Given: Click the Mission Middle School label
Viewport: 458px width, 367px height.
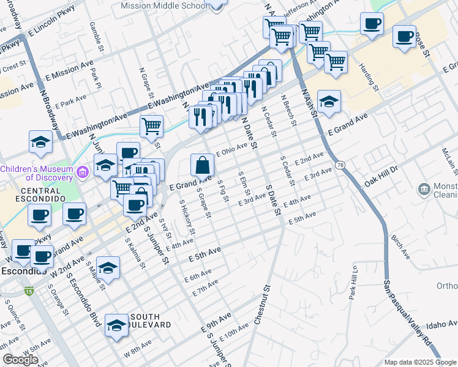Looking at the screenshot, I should click(163, 6).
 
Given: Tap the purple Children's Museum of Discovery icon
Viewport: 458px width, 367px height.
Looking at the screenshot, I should click(83, 174).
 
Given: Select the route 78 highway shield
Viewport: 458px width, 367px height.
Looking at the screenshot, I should click(340, 166).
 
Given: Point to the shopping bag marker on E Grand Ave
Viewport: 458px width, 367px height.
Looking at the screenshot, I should click(203, 166).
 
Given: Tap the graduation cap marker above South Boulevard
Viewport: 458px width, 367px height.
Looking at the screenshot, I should click(116, 326).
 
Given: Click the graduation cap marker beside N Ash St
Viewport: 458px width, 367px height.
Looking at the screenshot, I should click(329, 102).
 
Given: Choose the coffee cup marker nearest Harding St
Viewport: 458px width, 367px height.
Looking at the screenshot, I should click(372, 24).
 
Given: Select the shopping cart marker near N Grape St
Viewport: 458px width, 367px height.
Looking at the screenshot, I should click(151, 127).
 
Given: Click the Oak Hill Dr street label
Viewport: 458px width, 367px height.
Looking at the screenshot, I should click(381, 174).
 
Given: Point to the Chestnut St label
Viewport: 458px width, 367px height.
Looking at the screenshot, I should click(261, 305).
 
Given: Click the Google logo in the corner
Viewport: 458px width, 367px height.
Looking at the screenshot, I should click(21, 360).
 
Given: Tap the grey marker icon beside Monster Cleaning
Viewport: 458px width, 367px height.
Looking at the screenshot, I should click(423, 190).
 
